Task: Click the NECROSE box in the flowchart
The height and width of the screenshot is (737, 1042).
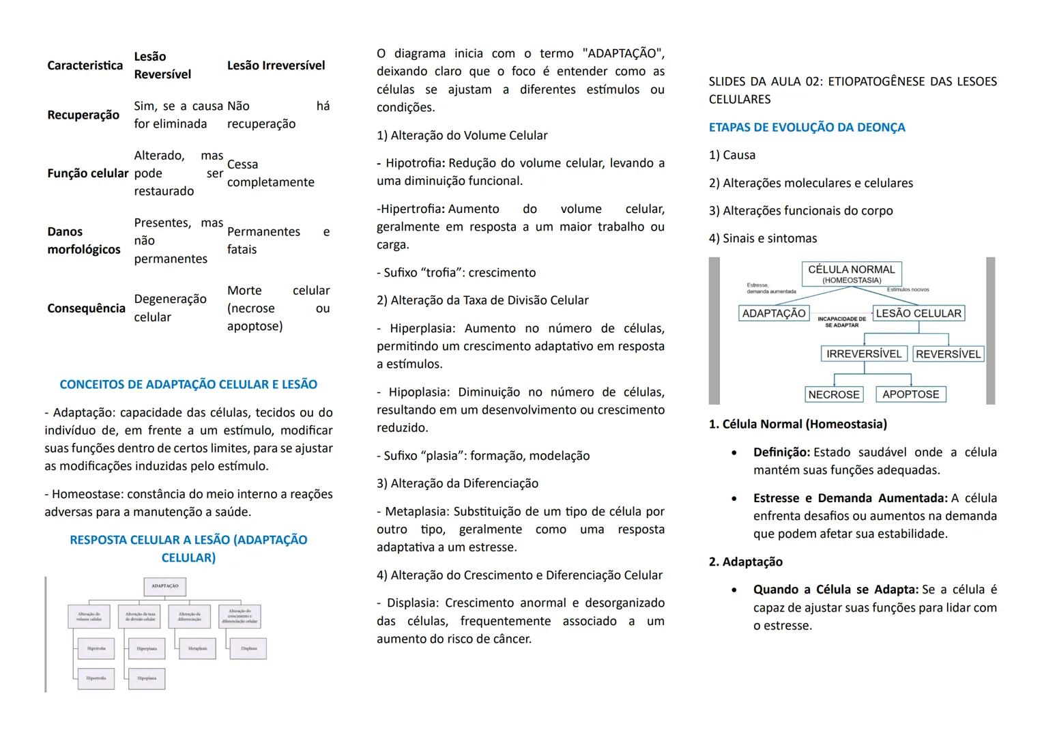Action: (834, 394)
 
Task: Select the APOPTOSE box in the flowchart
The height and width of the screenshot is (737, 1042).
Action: (910, 394)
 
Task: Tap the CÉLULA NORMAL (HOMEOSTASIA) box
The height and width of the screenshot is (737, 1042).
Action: (851, 274)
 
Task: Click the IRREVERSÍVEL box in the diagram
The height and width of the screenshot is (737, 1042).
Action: (864, 353)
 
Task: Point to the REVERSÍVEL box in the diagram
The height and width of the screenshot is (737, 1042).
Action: (948, 354)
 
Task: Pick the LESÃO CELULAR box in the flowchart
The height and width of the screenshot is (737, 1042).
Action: (918, 313)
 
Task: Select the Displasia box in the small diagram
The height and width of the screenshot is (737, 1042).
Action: (248, 648)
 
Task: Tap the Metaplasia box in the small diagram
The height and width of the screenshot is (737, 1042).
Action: (197, 648)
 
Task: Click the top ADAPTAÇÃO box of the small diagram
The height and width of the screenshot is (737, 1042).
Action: (165, 586)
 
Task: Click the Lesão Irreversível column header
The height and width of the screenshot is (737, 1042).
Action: (276, 66)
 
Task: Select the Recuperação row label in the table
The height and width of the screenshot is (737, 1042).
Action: (83, 115)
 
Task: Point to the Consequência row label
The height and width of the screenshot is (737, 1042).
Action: (86, 308)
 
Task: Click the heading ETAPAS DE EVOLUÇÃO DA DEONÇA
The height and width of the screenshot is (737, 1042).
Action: (807, 128)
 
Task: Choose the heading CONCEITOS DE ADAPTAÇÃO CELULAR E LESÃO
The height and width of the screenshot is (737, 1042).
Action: (188, 385)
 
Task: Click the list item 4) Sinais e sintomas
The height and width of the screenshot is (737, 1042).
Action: (762, 238)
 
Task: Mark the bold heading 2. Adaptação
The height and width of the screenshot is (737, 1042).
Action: (745, 562)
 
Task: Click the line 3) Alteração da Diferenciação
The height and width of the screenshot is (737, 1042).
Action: (457, 483)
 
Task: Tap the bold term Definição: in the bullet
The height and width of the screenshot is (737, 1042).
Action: (781, 452)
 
